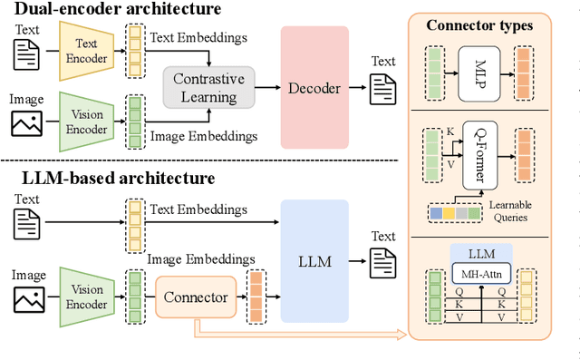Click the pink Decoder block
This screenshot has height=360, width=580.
point(314,87)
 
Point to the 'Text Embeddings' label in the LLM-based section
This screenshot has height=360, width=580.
point(198,209)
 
